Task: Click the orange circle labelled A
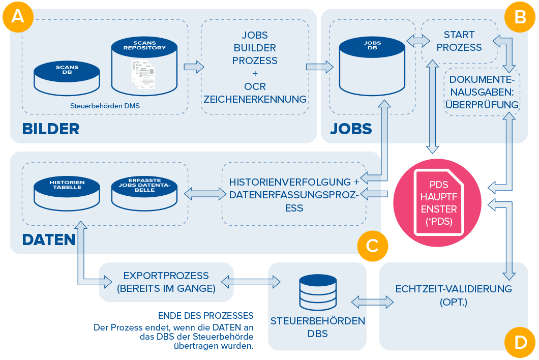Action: (x=18, y=17)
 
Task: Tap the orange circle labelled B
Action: (x=520, y=17)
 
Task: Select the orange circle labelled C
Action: (x=373, y=246)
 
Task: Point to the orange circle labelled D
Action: (x=520, y=343)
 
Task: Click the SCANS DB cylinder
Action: (x=67, y=78)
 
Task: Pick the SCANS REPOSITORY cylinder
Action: (x=144, y=66)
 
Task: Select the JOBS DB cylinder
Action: (x=372, y=66)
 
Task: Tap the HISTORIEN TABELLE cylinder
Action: (x=67, y=193)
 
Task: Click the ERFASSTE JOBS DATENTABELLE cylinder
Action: (x=144, y=193)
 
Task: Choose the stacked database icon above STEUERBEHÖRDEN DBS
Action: (x=318, y=292)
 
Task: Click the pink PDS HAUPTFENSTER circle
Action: (x=437, y=202)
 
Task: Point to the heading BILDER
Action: (x=51, y=129)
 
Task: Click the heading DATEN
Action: (x=49, y=239)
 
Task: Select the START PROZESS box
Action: (x=459, y=41)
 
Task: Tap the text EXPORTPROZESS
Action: (x=166, y=276)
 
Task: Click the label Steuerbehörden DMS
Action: (x=105, y=106)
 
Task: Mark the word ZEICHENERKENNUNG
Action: (x=255, y=99)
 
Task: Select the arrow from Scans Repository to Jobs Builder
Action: (x=194, y=67)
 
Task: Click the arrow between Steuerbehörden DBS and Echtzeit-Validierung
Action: (x=373, y=302)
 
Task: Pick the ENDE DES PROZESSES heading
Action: (x=205, y=316)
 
